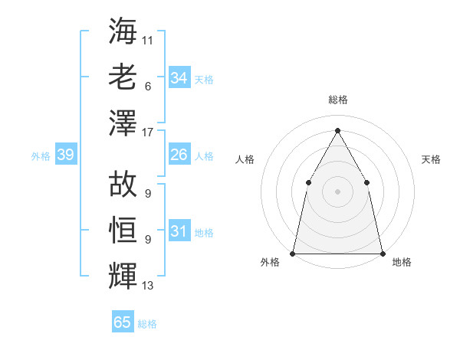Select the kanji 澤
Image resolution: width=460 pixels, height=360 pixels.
123,122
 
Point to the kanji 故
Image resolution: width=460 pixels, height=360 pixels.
123,183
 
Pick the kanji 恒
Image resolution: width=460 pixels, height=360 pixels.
123,229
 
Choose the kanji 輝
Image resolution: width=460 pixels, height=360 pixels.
123,276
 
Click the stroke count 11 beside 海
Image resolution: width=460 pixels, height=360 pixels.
148,38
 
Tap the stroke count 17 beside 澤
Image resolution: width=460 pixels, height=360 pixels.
148,131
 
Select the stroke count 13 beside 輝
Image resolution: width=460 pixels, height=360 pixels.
148,286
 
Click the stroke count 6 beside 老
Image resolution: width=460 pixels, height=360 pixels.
147,86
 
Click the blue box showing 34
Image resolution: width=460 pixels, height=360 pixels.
179,78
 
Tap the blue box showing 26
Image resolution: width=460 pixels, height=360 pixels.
179,155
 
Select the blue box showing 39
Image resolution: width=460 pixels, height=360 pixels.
65,155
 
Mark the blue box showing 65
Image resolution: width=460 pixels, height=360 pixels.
123,322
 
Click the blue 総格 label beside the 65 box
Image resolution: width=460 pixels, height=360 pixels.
147,324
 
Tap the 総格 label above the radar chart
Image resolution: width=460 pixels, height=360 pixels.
337,100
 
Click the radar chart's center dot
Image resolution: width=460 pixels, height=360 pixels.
337,191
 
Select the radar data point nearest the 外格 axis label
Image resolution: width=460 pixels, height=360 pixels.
293,253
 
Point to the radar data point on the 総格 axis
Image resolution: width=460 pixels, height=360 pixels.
337,130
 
